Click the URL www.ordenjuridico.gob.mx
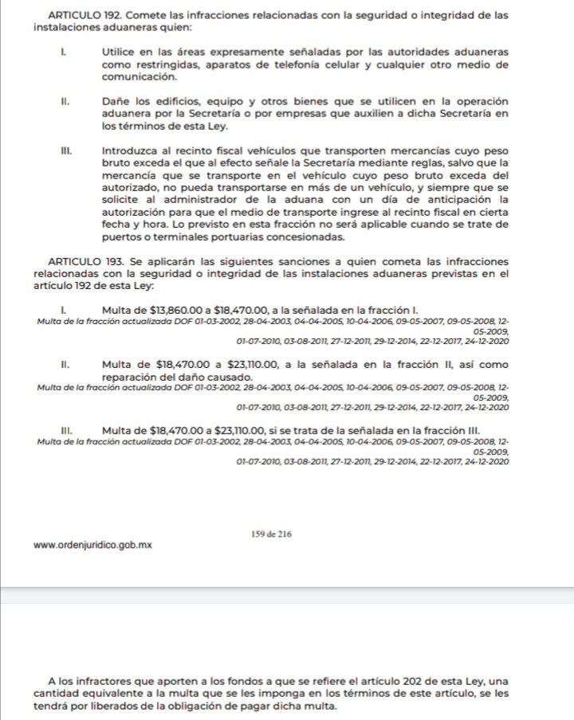(x=93, y=546)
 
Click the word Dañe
(x=116, y=103)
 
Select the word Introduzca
(x=129, y=150)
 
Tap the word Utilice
(x=119, y=51)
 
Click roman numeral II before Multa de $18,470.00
(x=66, y=365)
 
